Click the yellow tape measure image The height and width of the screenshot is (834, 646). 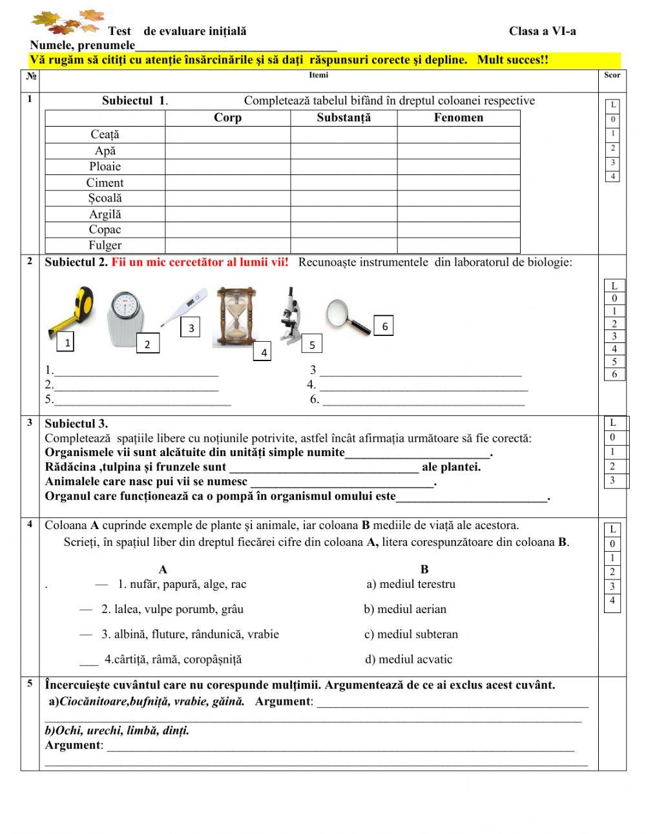[72, 311]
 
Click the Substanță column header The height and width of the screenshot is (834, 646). [344, 118]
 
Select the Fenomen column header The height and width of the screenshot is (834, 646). [458, 118]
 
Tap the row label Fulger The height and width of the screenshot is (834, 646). [105, 245]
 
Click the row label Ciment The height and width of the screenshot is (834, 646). [105, 183]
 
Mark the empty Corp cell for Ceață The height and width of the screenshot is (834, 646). [227, 134]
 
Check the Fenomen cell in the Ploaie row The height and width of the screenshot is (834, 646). [458, 167]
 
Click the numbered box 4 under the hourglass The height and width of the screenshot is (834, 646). [264, 353]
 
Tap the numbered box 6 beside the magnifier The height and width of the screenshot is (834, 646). [385, 326]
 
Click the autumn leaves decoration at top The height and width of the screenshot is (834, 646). [67, 23]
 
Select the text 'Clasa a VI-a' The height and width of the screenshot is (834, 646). [542, 31]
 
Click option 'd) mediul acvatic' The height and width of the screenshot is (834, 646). [408, 660]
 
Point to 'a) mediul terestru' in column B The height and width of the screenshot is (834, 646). [411, 584]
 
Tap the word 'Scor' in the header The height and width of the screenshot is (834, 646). [612, 75]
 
